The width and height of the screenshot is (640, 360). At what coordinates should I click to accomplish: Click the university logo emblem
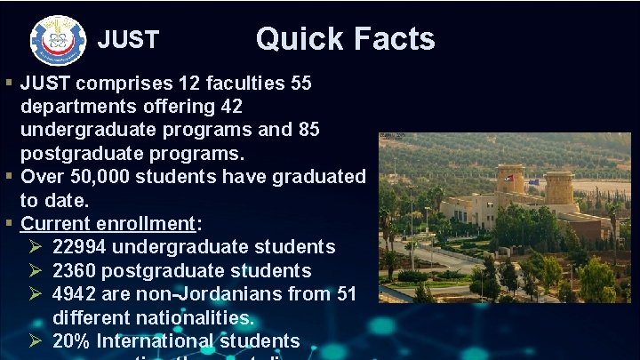click(59, 40)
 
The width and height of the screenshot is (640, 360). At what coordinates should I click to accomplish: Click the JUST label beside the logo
click(128, 40)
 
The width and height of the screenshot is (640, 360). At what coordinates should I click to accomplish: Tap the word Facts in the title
click(395, 38)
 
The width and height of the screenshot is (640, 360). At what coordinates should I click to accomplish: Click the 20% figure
click(71, 340)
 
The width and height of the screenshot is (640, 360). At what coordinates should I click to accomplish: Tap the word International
click(156, 340)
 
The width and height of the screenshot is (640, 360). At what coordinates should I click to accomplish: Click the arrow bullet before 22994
click(34, 247)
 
